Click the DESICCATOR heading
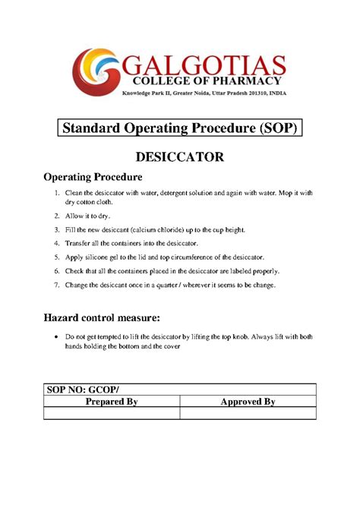point(179,157)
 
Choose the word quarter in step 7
point(178,286)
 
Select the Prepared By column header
point(111,402)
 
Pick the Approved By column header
point(248,402)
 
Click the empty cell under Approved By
point(248,413)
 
